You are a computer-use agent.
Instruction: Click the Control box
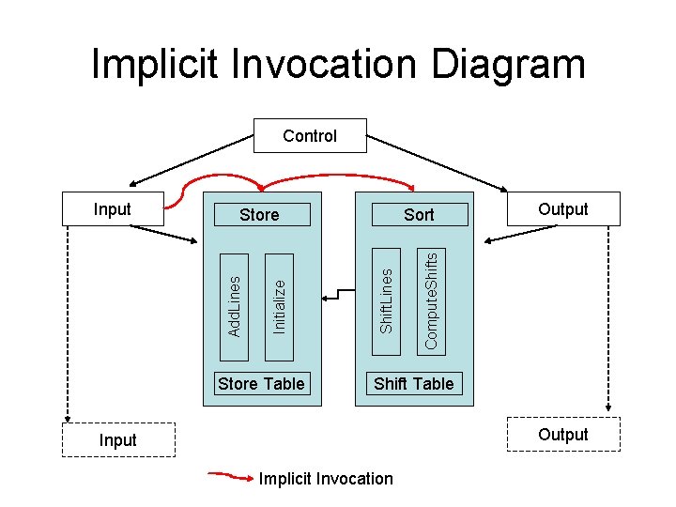click(x=310, y=136)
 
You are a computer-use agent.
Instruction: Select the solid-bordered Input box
click(x=113, y=209)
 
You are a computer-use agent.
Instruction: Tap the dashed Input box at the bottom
click(x=118, y=439)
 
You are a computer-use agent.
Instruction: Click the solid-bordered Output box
click(x=563, y=209)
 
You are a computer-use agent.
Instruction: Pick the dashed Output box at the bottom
click(x=563, y=435)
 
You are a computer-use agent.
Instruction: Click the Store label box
click(x=259, y=215)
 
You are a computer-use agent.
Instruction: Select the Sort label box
click(x=419, y=215)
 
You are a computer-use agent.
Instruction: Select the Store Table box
click(x=261, y=383)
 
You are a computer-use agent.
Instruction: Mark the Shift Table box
click(x=413, y=383)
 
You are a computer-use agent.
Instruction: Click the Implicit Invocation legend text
click(x=326, y=479)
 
